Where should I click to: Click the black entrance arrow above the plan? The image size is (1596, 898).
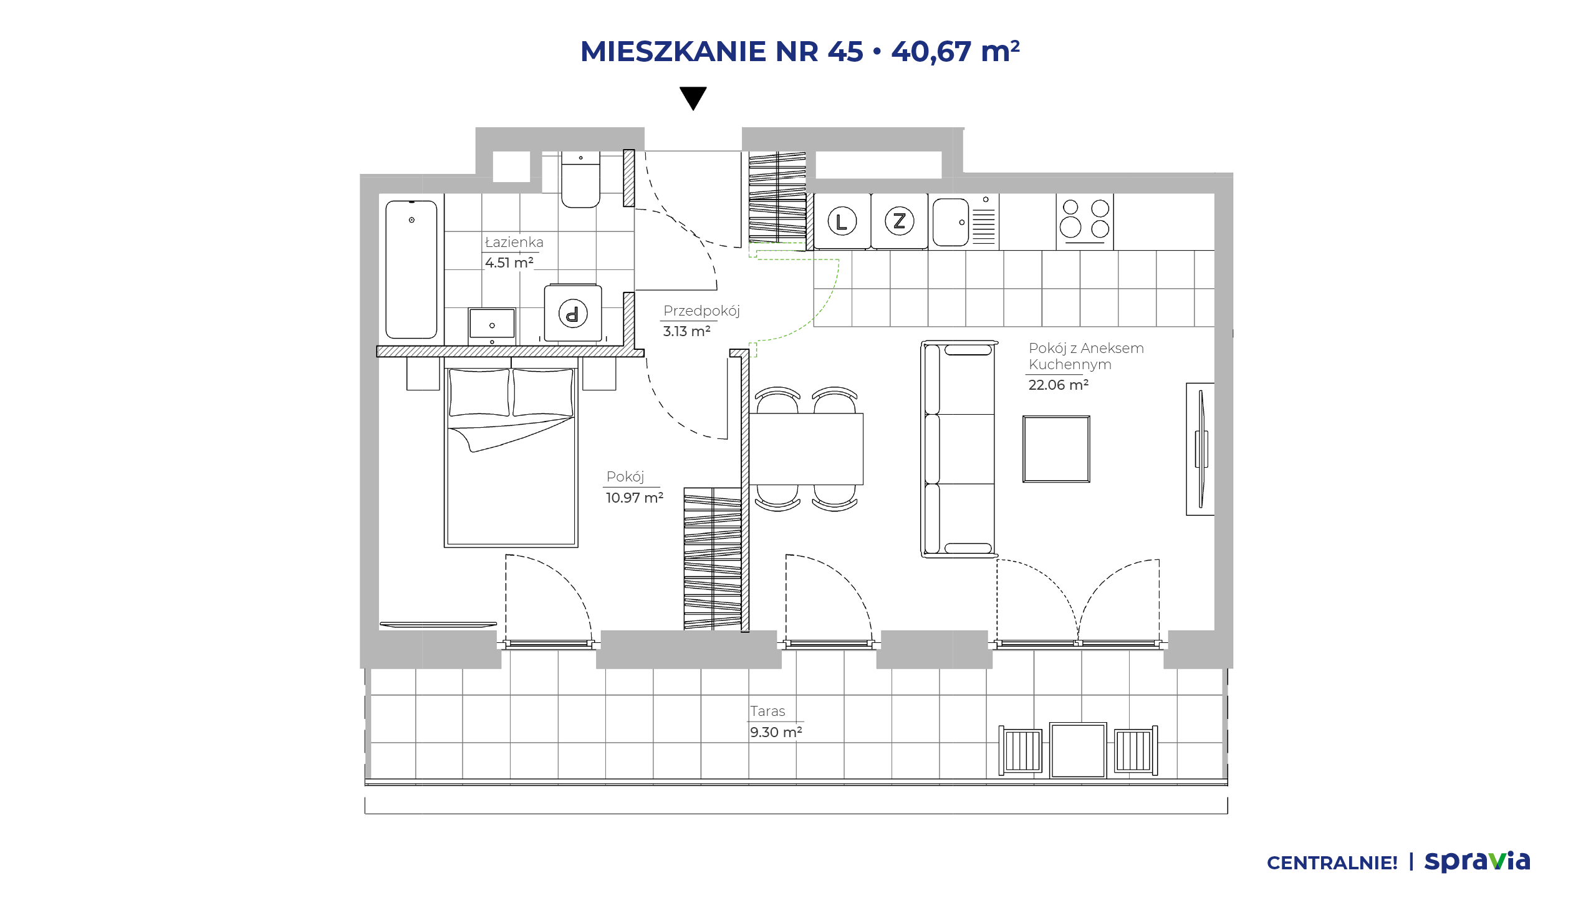[693, 97]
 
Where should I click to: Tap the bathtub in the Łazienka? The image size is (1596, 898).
[411, 269]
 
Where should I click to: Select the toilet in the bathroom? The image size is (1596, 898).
[580, 179]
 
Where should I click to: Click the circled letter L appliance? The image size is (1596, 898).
[842, 221]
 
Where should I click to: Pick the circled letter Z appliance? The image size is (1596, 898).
[899, 221]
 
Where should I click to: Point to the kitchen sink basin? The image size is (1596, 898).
[951, 222]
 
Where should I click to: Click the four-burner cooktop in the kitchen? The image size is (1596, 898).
[1085, 221]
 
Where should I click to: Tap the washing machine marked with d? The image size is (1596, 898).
[573, 313]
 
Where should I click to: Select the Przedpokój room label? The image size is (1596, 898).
[701, 311]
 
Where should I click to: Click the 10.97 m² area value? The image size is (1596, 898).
[635, 498]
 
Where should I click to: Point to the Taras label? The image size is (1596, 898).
[767, 711]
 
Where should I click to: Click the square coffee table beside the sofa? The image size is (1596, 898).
[1056, 449]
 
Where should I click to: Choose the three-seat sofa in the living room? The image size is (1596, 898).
[959, 448]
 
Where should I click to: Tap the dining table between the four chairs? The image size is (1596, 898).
[805, 449]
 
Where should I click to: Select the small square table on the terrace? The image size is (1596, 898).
[1078, 750]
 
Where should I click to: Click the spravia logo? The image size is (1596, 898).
[1477, 861]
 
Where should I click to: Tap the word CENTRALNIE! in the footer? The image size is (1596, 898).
[1332, 863]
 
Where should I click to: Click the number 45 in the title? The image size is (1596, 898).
[845, 51]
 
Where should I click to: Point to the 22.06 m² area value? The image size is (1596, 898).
[1059, 385]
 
